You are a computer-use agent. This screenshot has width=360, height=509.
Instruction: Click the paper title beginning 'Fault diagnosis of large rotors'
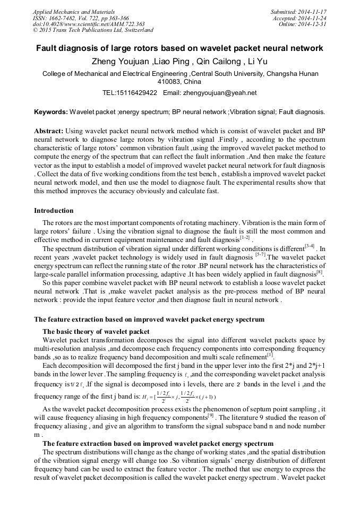click(x=179, y=48)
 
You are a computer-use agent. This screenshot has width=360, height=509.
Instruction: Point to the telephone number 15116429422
click(x=138, y=93)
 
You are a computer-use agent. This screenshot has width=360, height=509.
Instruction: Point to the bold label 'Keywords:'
click(x=51, y=113)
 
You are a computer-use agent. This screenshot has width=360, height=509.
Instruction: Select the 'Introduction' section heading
click(x=54, y=211)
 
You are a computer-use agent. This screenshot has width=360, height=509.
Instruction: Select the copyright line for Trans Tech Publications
click(x=93, y=31)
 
